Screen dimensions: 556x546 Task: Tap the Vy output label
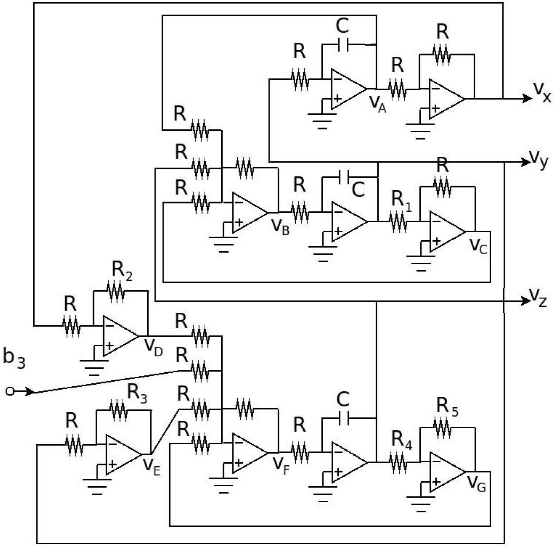(538, 160)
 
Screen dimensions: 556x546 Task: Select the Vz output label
(538, 298)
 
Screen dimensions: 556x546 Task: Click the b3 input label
(14, 358)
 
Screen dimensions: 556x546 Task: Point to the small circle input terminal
(10, 391)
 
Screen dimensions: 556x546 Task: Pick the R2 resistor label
(122, 271)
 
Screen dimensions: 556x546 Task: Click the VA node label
(377, 104)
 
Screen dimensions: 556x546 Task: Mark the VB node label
(280, 227)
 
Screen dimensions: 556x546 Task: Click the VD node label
(153, 347)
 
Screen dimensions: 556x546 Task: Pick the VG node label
(477, 483)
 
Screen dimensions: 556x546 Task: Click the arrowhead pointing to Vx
(528, 99)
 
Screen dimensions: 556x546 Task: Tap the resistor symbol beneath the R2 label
(115, 291)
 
